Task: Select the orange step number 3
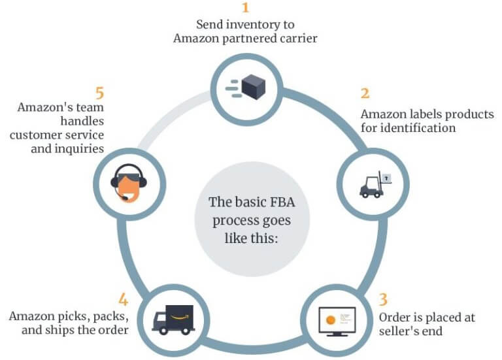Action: coord(383,300)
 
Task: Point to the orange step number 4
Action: coord(122,299)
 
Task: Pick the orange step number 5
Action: coord(100,92)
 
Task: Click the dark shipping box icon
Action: coord(252,86)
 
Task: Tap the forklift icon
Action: coord(371,186)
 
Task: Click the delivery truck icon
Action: coord(173,318)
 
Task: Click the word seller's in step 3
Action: coord(399,332)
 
